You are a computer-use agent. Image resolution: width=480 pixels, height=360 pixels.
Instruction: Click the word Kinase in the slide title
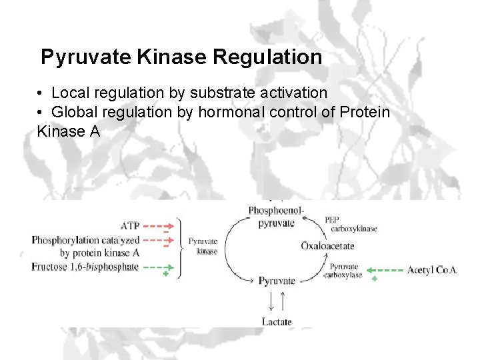(171, 57)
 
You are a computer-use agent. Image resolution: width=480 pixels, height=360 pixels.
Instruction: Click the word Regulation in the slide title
(267, 57)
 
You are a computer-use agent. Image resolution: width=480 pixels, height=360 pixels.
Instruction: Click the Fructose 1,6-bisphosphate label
(85, 267)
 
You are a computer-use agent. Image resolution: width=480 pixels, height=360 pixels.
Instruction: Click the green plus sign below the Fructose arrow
(165, 274)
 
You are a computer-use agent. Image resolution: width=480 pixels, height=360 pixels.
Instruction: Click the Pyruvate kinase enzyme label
(203, 246)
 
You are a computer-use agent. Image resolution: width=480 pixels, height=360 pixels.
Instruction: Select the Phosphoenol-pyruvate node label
(276, 217)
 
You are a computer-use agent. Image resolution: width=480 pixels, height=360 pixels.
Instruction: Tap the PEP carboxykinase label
(350, 224)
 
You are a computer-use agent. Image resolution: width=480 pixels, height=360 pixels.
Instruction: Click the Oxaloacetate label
(327, 246)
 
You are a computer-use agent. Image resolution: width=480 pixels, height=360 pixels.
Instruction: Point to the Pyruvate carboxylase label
(345, 270)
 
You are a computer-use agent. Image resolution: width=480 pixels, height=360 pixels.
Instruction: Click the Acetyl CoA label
(431, 270)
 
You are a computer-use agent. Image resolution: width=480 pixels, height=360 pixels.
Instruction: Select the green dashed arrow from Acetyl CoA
(386, 270)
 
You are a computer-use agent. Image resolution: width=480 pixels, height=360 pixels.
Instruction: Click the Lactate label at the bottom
(276, 322)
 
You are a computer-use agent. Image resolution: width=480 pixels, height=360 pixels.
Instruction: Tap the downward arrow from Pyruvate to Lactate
(271, 301)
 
